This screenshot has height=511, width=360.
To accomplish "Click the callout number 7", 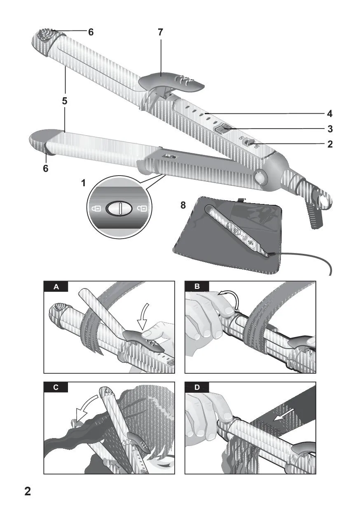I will click(x=161, y=33).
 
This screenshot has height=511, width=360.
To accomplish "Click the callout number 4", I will click(x=330, y=114).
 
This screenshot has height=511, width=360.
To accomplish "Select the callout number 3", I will click(x=330, y=129).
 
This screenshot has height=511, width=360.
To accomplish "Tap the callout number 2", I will click(x=330, y=144).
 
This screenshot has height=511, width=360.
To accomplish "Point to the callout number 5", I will click(x=65, y=101).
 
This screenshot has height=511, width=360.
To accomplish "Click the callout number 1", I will click(x=84, y=183).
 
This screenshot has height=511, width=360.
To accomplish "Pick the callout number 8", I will click(x=183, y=205).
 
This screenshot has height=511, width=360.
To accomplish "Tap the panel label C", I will click(x=56, y=388).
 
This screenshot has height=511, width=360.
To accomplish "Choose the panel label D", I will click(x=197, y=388).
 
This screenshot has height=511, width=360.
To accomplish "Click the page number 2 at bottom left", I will click(x=28, y=491).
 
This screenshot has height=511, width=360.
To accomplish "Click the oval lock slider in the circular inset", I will click(x=119, y=209).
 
